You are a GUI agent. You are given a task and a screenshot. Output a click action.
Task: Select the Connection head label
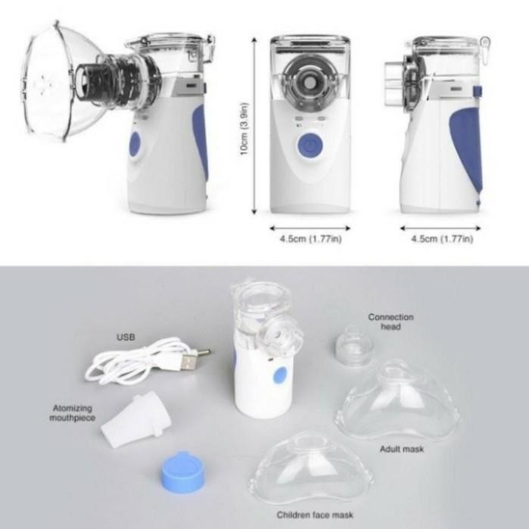tap(391, 322)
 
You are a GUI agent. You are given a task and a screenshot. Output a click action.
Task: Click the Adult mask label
tap(401, 449)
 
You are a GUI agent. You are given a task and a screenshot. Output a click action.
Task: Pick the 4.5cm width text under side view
tap(441, 239)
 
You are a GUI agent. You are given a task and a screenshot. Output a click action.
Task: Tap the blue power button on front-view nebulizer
tap(308, 146)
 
